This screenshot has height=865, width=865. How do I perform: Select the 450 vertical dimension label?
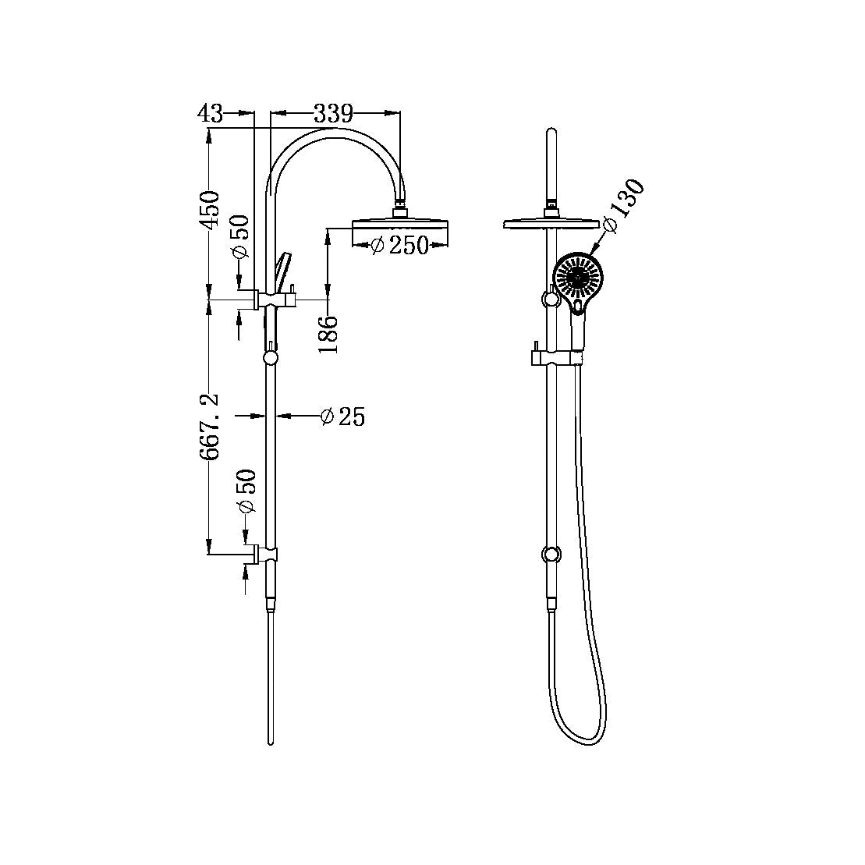(x=209, y=209)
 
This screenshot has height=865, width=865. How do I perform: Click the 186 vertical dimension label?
(x=329, y=334)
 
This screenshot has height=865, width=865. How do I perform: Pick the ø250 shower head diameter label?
(x=399, y=245)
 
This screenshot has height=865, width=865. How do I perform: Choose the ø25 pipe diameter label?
(x=343, y=417)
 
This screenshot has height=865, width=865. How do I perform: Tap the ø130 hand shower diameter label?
(x=623, y=206)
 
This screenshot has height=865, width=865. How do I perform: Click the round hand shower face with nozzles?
(x=578, y=278)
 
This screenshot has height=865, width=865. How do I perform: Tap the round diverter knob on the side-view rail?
(x=271, y=358)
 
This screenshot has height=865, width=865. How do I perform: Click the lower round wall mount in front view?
(x=551, y=555)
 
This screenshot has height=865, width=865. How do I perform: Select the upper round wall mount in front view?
(x=550, y=297)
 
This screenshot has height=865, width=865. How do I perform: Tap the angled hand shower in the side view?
(x=282, y=269)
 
